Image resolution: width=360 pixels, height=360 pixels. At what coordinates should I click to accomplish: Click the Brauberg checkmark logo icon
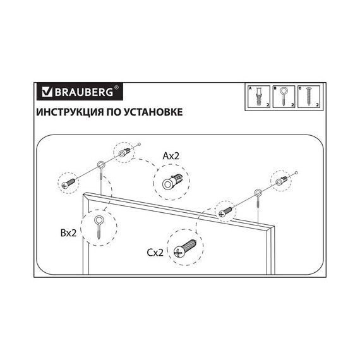point(47,92)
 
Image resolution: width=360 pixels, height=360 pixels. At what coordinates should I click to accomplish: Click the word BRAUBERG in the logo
point(84,92)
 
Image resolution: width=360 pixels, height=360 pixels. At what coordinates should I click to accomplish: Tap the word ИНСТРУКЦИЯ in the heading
point(70,112)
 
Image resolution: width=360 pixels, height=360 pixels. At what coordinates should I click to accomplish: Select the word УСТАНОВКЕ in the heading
point(153,112)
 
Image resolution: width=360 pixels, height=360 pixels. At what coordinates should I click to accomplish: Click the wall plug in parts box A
point(259,97)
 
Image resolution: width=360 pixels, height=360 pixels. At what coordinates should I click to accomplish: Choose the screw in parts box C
point(308,97)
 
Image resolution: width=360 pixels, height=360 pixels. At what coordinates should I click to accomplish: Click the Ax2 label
point(171,156)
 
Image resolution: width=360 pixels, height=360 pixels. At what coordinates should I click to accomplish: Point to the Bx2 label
point(68,233)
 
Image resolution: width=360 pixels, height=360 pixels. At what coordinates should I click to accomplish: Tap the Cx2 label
point(155,253)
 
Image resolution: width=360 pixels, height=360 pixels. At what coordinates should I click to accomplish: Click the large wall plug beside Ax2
point(172,182)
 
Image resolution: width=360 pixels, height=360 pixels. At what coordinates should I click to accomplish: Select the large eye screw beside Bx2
point(99,227)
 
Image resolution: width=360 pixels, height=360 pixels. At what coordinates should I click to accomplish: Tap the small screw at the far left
point(68,183)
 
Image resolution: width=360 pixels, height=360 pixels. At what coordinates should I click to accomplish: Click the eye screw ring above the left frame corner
point(101,165)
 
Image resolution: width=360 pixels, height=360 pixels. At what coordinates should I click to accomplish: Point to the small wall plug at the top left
point(124,152)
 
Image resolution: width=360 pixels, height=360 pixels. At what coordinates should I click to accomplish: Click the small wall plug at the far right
point(281,181)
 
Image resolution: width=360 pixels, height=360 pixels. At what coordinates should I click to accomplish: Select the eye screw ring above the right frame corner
point(258,193)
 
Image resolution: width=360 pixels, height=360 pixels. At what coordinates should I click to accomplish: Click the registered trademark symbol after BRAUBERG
point(116,87)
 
